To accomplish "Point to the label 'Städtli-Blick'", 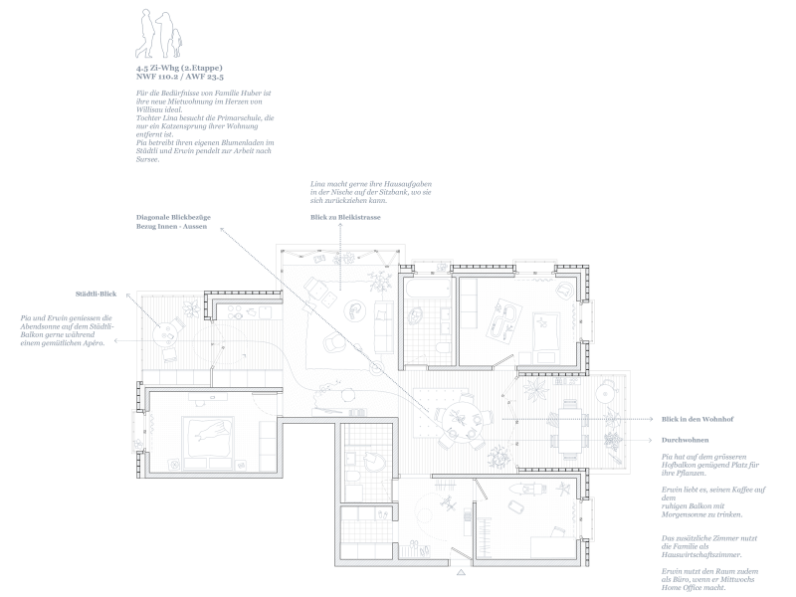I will click(x=97, y=295).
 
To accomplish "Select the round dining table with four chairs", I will click(x=456, y=419).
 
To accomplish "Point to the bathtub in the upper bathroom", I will click(x=425, y=293).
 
